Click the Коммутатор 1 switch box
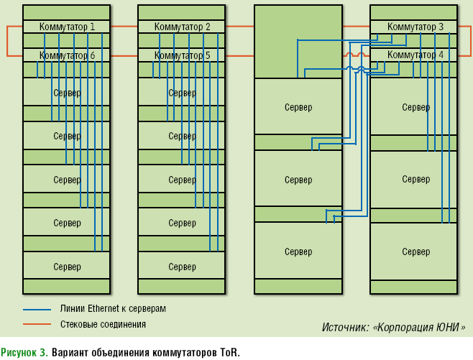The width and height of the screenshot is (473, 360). point(67,27)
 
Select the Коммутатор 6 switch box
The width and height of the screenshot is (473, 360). point(67,55)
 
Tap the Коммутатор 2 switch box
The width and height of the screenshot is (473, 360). point(182,27)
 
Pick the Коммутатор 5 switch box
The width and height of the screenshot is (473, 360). point(182,55)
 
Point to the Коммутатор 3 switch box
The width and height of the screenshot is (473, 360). point(415,27)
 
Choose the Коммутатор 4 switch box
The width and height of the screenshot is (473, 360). point(415,55)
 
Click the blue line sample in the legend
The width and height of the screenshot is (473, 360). point(37,309)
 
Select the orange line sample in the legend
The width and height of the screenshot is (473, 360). point(37,325)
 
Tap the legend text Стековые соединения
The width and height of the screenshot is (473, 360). point(103,325)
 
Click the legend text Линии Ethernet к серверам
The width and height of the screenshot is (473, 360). point(113,309)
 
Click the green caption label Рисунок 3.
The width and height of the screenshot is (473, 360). point(24,352)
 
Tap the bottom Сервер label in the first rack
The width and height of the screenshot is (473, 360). point(67,267)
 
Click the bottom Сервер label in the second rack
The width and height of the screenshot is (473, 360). point(182,267)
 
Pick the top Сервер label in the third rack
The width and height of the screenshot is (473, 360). point(298,108)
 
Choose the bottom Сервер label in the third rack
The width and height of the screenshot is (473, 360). point(298,252)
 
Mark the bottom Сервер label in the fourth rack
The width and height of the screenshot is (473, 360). point(415,252)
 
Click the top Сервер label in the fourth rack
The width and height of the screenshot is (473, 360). point(415,108)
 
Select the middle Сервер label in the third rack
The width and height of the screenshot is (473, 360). point(298,180)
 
